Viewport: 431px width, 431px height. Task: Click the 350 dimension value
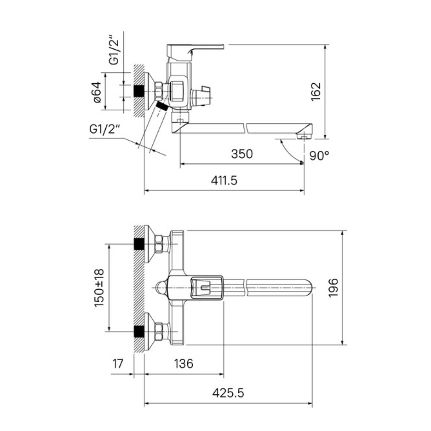[242, 154]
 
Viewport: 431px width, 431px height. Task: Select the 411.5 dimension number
[224, 181]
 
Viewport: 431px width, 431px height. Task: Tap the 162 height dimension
[316, 91]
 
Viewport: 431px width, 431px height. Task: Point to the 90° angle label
[319, 156]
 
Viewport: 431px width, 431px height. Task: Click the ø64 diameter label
[97, 92]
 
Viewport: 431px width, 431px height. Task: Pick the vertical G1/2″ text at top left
[114, 50]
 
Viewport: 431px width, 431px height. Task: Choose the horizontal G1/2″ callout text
[105, 129]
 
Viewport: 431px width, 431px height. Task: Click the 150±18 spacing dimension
[99, 288]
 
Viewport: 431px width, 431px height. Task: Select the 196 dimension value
[333, 287]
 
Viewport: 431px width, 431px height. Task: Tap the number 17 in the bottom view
[118, 363]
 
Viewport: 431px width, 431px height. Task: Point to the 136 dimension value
[184, 363]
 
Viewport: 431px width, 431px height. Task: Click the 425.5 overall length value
[228, 393]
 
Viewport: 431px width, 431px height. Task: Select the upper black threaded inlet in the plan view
[139, 244]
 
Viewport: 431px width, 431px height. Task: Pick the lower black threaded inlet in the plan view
[139, 332]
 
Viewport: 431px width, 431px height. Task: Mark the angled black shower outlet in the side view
[162, 106]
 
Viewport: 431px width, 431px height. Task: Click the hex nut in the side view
[159, 91]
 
